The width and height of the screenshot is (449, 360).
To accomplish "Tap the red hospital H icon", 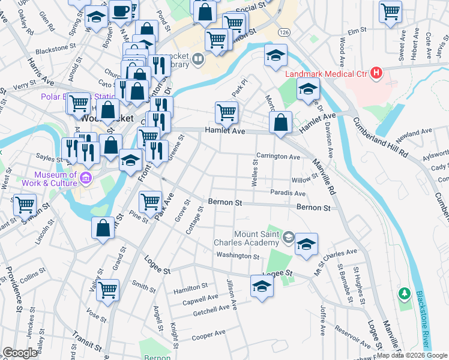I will click(x=376, y=73).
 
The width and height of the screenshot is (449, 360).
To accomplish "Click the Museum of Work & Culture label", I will click(x=50, y=178).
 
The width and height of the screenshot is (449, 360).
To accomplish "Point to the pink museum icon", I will click(x=85, y=178).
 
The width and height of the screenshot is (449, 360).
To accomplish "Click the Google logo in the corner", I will click(x=20, y=353).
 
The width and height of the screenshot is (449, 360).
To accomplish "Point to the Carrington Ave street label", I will click(x=278, y=157).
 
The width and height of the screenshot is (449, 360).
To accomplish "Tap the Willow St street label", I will click(x=304, y=179).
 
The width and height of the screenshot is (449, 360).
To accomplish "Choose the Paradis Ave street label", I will click(x=288, y=193).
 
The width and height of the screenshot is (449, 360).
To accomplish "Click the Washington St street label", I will click(x=238, y=256).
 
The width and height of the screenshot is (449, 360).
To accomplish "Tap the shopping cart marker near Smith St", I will click(x=108, y=290).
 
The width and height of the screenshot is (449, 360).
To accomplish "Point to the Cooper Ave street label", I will click(x=208, y=334).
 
